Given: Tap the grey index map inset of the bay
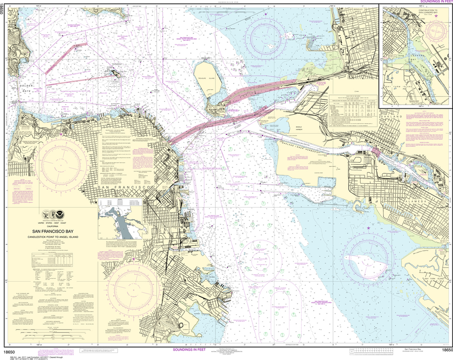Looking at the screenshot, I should pyautogui.click(x=120, y=221).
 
